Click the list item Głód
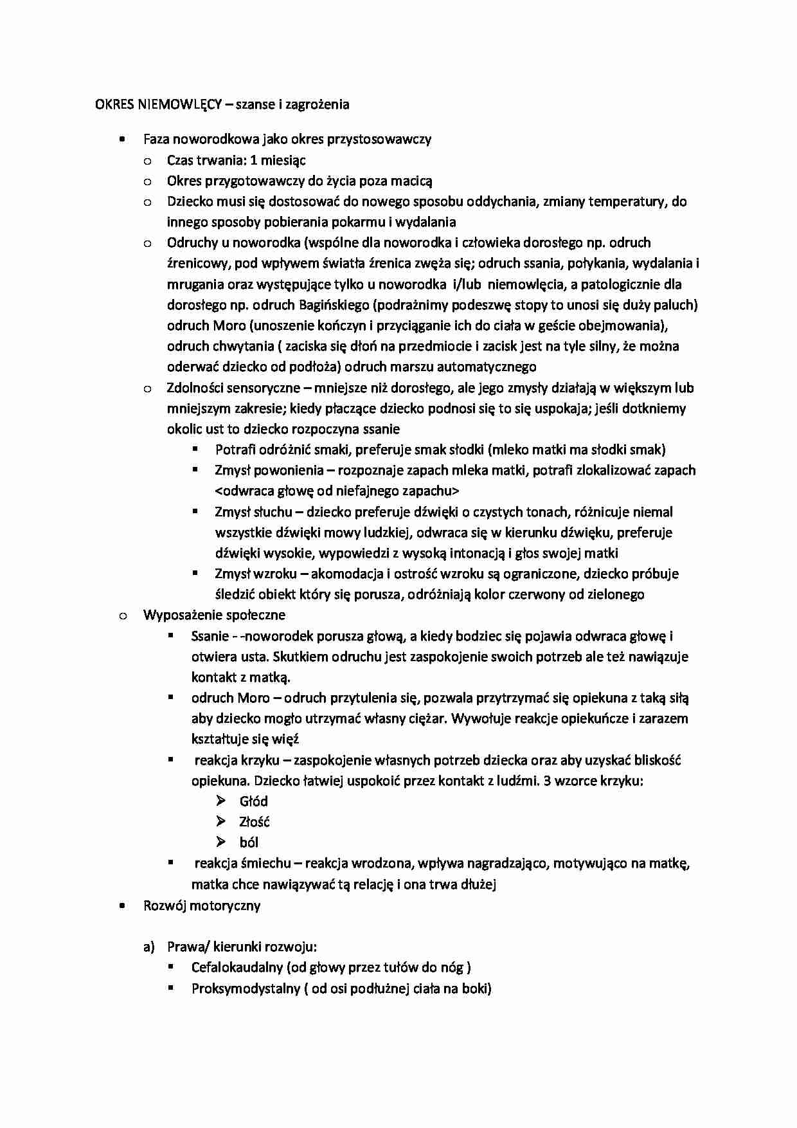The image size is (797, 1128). [x=253, y=801]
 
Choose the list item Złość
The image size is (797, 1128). [x=254, y=822]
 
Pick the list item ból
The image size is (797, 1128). [x=249, y=842]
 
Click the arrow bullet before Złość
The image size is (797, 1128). [x=221, y=821]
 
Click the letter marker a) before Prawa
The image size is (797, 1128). [x=149, y=947]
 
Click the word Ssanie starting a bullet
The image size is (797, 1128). [x=210, y=637]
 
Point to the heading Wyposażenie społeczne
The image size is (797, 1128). [x=214, y=615]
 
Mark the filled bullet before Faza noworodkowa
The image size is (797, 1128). [x=122, y=139]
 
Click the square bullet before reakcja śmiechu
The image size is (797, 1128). [x=171, y=862]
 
